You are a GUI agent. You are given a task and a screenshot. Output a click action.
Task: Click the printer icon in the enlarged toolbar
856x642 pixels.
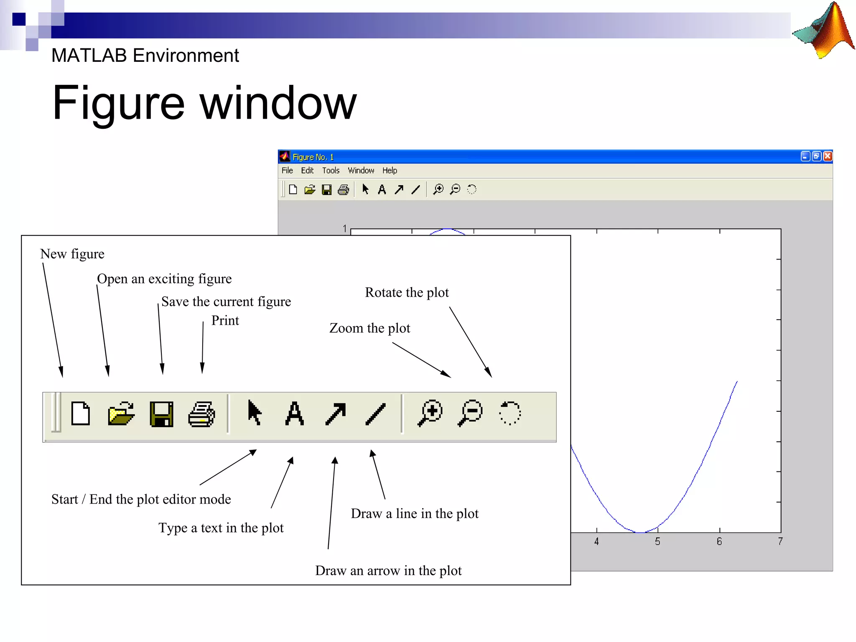(202, 414)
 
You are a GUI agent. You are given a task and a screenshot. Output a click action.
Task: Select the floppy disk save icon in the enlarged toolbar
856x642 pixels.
(161, 414)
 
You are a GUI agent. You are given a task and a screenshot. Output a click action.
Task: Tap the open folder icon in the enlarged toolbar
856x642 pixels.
(121, 414)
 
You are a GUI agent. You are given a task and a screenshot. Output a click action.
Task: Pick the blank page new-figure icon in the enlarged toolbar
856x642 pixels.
(80, 413)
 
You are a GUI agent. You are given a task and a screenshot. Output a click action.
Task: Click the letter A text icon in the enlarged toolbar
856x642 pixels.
(295, 413)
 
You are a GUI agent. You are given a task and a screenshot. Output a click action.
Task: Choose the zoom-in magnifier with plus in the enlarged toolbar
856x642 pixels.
(430, 413)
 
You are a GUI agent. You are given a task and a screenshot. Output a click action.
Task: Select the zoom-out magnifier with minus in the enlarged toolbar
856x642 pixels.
(470, 413)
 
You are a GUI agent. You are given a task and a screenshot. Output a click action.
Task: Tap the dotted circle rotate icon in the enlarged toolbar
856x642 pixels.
(510, 413)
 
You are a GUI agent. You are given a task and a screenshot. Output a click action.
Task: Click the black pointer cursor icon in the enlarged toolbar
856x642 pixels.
(254, 413)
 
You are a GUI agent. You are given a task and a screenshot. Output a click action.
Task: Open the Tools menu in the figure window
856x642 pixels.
(331, 171)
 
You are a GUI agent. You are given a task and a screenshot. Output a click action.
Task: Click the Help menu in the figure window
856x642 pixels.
(390, 171)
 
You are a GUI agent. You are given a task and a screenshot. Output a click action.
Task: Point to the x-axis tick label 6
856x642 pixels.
(719, 542)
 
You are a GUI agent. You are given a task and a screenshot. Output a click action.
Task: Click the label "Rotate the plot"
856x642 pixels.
(407, 293)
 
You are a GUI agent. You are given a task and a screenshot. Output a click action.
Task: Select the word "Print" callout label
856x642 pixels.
(225, 321)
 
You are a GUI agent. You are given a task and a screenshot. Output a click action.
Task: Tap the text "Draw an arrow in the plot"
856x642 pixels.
(388, 571)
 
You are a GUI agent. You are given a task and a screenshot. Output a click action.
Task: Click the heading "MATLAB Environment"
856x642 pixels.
(145, 56)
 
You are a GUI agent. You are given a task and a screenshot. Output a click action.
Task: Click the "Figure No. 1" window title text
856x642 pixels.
(313, 157)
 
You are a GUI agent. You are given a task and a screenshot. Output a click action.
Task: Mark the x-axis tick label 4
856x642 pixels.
(596, 542)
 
